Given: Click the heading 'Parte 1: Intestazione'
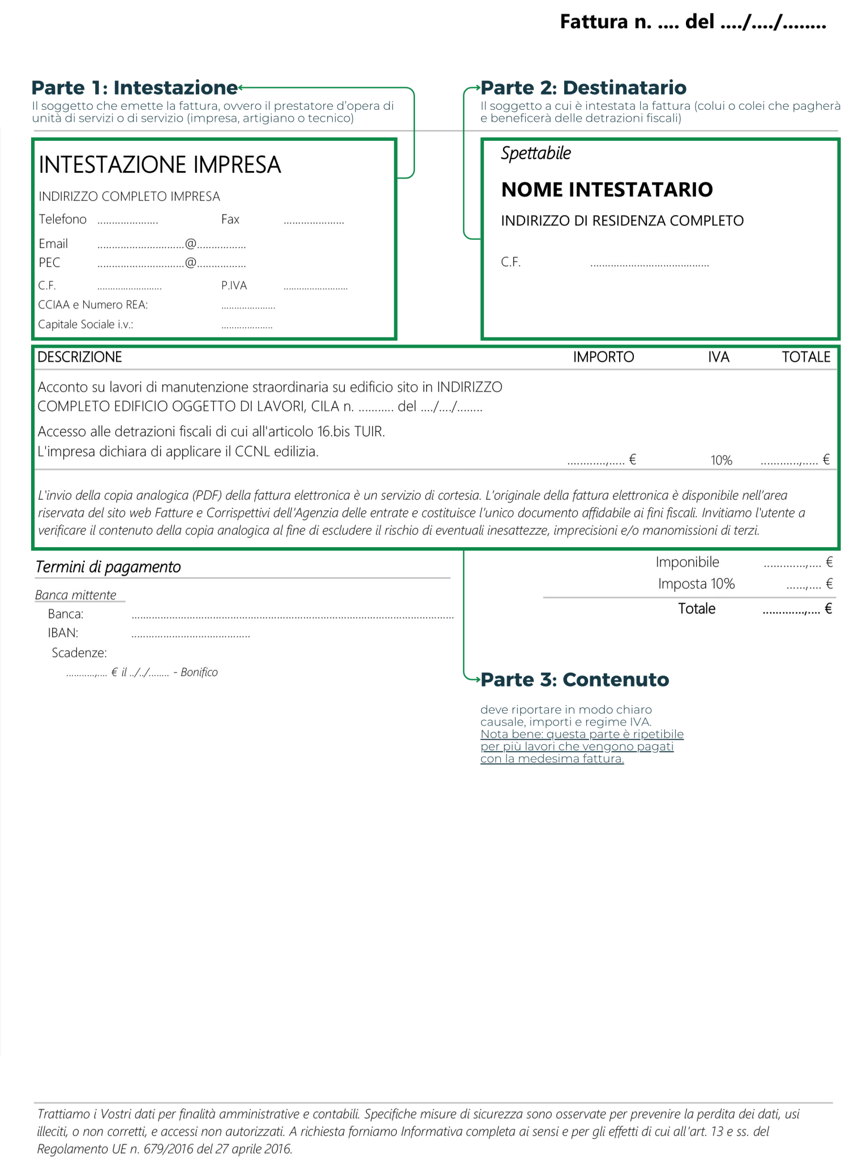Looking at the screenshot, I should coord(135,88).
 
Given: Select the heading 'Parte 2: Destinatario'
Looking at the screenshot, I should coord(583,88).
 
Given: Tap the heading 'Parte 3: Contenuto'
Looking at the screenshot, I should coord(574,680).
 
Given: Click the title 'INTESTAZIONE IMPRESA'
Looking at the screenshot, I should coord(160,165).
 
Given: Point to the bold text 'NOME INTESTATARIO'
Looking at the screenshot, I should coord(607,190).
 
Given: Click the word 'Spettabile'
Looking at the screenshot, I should coord(536,153).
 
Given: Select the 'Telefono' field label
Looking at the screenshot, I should coord(63,220).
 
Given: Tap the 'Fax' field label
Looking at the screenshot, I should coord(230,220).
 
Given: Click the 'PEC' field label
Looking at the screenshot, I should coord(49,263).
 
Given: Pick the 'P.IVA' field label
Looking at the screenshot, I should coord(234,286).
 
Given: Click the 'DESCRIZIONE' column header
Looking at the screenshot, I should coord(80,357).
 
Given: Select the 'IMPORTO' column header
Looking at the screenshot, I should coord(603,357).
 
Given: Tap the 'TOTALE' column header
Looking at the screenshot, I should coord(806,357).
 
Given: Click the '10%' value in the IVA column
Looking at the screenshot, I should coord(722,461).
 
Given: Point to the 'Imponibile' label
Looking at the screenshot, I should coord(687,563).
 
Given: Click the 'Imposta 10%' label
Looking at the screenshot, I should coord(696,584).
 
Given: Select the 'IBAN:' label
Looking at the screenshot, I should coord(63,633).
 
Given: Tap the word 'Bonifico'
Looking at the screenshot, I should coord(199,672).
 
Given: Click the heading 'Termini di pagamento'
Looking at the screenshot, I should coord(108,567).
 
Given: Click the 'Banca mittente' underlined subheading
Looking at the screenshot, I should coord(76,595).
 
